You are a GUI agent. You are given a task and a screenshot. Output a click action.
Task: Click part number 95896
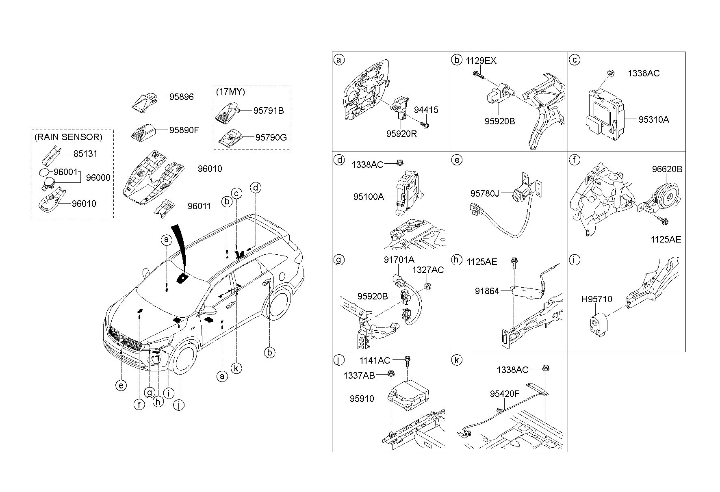[x=182, y=97]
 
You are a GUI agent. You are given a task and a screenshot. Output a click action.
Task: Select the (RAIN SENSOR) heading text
[x=68, y=137]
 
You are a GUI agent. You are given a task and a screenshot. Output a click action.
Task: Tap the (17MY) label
[x=230, y=92]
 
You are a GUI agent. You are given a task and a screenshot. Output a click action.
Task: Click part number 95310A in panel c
[x=653, y=119]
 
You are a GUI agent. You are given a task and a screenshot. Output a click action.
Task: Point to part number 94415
[x=426, y=110]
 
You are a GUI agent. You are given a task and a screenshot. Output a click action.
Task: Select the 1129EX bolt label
[x=481, y=61]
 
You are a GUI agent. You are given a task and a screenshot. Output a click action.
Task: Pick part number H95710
[x=596, y=299]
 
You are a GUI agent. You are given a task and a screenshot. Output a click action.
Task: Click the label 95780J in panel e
[x=484, y=193]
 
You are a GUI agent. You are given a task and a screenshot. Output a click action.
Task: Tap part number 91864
[x=487, y=291]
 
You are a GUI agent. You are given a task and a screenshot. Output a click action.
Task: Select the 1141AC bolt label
[x=375, y=360]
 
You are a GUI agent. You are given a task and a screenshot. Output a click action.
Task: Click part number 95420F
[x=504, y=394]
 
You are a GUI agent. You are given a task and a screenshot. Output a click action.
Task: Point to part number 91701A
[x=399, y=260]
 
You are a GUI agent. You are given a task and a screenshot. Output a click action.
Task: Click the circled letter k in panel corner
[x=457, y=360]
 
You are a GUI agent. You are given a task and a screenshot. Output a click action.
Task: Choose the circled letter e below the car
[x=121, y=385]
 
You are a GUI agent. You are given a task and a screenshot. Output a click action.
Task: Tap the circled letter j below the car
[x=178, y=405]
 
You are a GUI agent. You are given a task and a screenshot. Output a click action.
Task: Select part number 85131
[x=85, y=154]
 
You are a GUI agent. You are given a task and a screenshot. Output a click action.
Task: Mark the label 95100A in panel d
[x=368, y=197]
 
